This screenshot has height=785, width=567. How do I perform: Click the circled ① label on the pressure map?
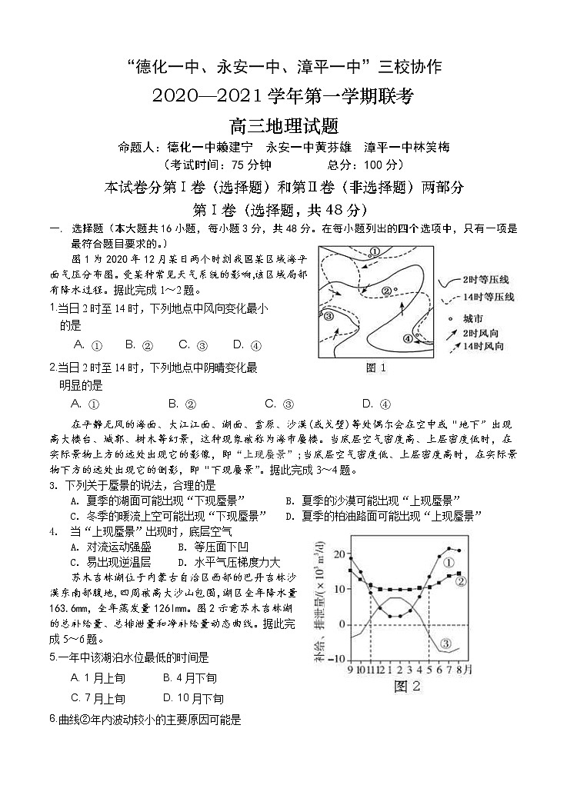[375, 251]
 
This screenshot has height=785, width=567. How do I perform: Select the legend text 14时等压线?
[489, 297]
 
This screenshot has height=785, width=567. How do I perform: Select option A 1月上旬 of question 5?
[98, 677]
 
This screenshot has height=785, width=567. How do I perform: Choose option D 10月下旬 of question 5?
[193, 698]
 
